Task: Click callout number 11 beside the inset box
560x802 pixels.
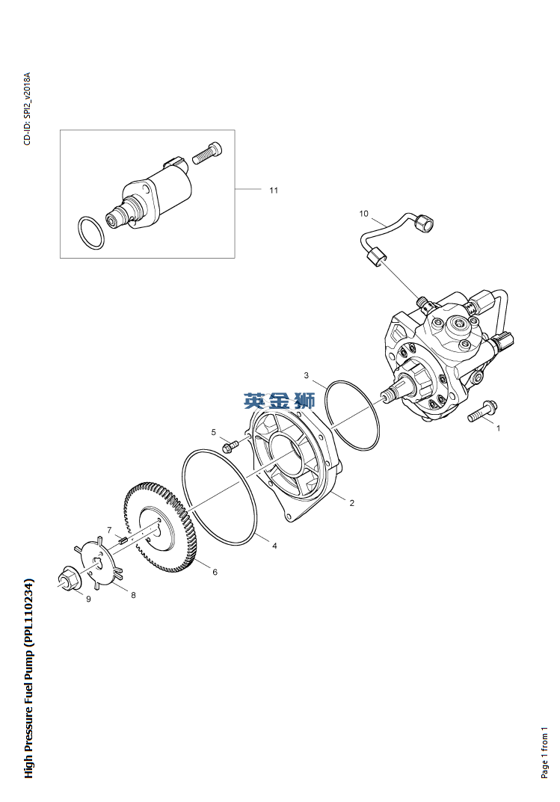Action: coord(274,191)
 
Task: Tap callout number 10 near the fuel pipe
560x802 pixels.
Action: coord(363,213)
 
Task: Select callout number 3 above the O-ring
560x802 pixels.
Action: coord(307,375)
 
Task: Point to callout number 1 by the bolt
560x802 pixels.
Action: coord(499,428)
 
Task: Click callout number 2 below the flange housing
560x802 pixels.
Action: coord(352,503)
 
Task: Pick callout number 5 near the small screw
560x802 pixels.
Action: coord(214,432)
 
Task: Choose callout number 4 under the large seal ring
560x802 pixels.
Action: coord(274,546)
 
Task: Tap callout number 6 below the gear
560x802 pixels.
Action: coord(215,572)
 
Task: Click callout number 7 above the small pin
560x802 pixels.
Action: coord(109,529)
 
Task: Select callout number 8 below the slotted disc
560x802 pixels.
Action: coord(134,595)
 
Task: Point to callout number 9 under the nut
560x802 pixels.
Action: coord(88,599)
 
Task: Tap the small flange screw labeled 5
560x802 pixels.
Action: coord(230,446)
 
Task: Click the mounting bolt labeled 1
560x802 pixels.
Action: coord(480,410)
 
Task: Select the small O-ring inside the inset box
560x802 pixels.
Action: coord(91,232)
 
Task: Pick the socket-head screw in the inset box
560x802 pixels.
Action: coord(207,152)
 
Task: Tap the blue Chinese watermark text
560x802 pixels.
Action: coord(279,401)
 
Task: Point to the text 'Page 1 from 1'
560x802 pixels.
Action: coord(544,753)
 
